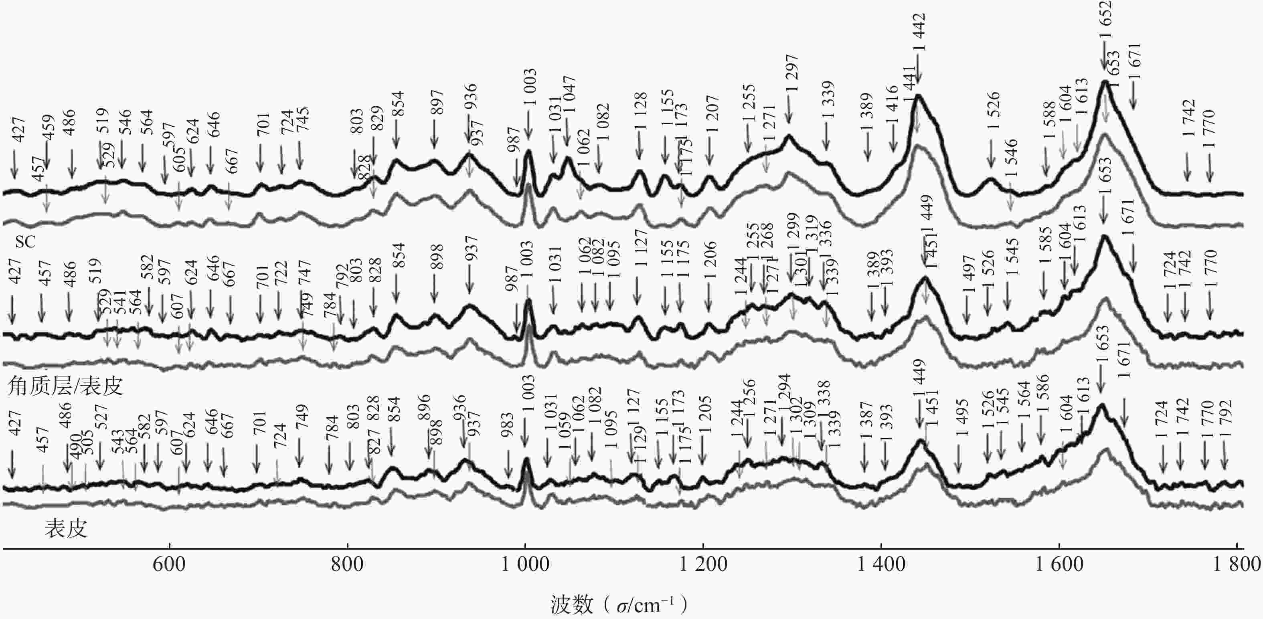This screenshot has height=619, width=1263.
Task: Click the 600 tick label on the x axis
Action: (169, 564)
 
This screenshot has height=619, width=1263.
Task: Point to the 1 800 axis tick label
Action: (1237, 564)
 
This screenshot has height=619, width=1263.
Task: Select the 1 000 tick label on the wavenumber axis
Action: (525, 564)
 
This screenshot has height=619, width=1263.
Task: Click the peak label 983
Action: (508, 425)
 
